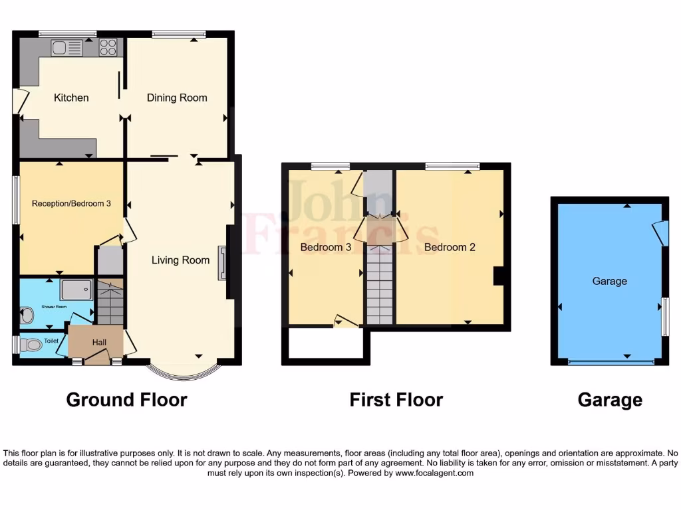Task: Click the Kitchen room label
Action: click(71, 98)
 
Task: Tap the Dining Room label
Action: click(177, 98)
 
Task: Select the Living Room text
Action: click(180, 260)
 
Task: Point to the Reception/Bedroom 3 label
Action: click(71, 203)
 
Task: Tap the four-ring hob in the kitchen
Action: click(108, 47)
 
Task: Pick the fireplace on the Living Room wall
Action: click(222, 264)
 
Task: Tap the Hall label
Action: click(99, 342)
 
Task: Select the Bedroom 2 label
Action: click(450, 247)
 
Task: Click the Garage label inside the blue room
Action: click(610, 281)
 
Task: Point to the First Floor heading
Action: click(396, 400)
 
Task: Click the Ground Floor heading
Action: click(126, 400)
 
